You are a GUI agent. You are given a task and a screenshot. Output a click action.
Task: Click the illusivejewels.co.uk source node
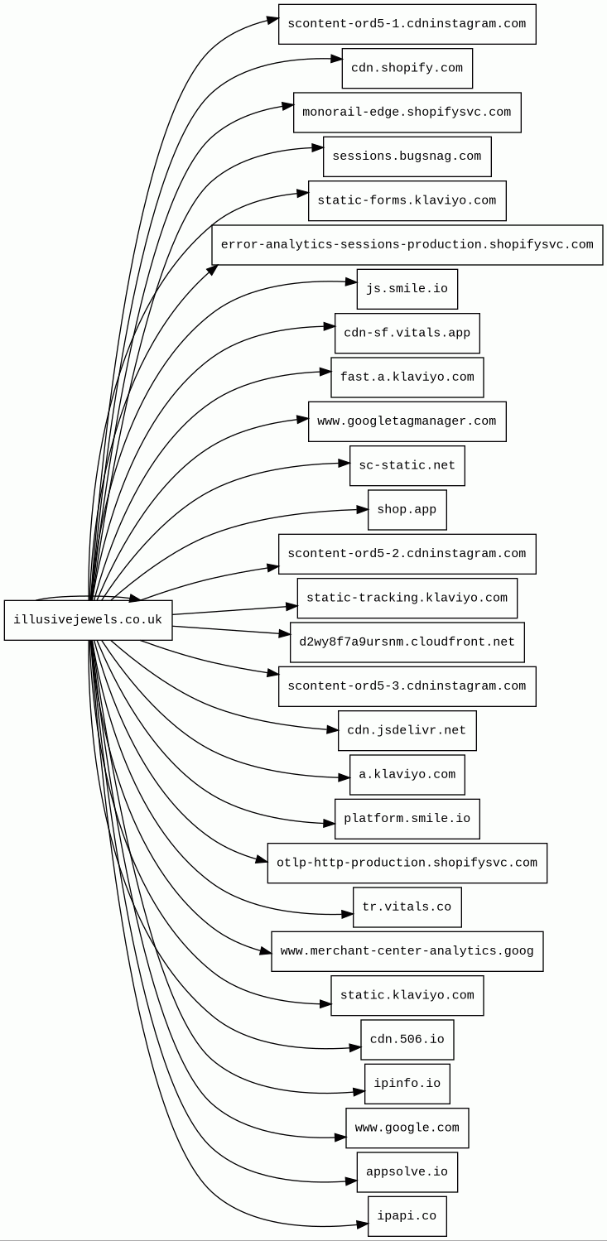[88, 620]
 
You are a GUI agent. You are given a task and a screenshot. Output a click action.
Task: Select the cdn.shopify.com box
[407, 68]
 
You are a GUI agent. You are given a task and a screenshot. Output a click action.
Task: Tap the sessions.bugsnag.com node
[407, 156]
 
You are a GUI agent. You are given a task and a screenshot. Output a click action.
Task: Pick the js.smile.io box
[407, 289]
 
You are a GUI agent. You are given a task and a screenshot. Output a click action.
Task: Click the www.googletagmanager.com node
[407, 421]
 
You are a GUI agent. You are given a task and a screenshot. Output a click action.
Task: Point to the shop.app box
[407, 510]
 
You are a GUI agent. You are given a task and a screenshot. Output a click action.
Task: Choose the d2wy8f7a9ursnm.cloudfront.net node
[407, 642]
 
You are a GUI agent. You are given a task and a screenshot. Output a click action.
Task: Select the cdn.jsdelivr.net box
[407, 731]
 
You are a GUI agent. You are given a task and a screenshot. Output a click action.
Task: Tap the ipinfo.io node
[407, 1084]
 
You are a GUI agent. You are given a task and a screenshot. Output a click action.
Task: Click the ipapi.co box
[407, 1216]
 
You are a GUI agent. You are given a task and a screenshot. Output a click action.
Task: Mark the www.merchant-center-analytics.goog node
[407, 951]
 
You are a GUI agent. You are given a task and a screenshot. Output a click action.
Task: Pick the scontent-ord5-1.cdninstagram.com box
[407, 24]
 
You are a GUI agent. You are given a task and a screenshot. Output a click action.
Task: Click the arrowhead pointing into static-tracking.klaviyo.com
[292, 607]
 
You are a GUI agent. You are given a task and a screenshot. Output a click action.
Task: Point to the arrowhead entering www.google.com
[341, 1138]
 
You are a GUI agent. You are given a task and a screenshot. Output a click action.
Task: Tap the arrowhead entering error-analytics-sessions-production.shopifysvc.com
[214, 268]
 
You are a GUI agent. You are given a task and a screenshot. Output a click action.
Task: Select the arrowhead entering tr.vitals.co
[348, 914]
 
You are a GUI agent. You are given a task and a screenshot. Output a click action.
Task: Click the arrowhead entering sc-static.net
[344, 464]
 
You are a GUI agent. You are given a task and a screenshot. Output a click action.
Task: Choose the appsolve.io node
[407, 1172]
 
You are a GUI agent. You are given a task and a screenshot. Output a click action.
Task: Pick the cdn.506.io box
[407, 1040]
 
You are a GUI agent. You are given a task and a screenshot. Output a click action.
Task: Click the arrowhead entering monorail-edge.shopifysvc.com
[288, 106]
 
